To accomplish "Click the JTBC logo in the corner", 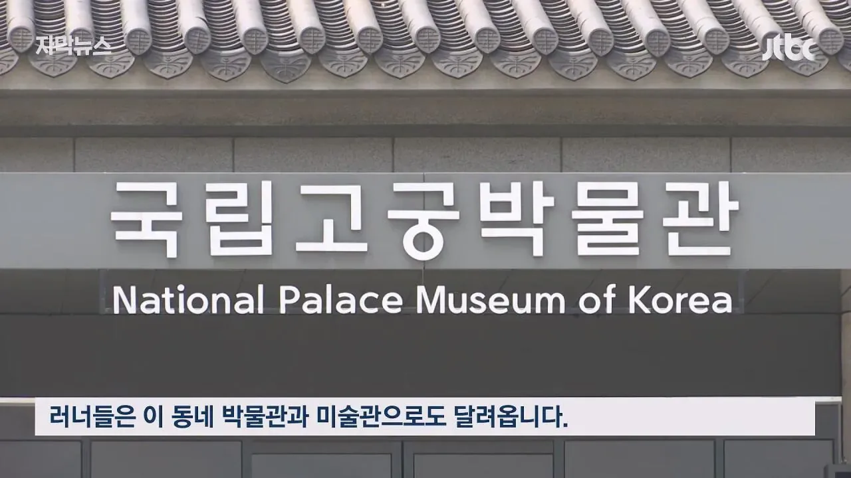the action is click(789, 48).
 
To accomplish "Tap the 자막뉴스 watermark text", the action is click(74, 46).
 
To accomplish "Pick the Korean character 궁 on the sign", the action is click(424, 221).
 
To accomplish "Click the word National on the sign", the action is click(188, 300).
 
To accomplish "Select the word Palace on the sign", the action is click(341, 300).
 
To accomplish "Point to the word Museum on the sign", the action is click(491, 301).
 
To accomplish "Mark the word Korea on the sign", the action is click(680, 301).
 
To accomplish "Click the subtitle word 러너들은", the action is click(92, 417).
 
